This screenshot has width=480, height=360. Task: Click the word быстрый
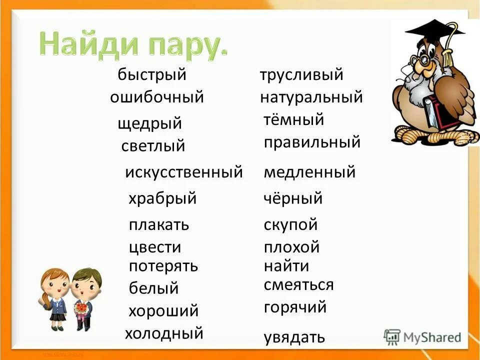coord(152,75)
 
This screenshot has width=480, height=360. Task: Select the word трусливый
coord(301,75)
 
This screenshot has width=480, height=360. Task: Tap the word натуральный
coord(311,97)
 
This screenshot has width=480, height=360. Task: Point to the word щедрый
coord(150,124)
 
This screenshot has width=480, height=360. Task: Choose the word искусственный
coord(183,172)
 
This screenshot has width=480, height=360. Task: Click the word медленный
coord(309,172)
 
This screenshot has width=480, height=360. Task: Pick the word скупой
coord(290,225)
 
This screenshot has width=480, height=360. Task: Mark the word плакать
coord(159,224)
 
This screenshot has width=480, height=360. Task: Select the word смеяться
coord(298,285)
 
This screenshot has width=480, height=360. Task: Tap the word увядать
coord(294,337)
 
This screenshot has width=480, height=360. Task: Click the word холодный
coord(164,332)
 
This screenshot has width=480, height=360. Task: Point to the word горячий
coord(295,306)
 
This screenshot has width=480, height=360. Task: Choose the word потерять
coord(163,266)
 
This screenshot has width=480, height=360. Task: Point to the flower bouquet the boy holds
coord(81,308)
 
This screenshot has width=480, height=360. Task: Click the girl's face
coord(55,285)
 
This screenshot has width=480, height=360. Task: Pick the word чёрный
coord(293,199)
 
